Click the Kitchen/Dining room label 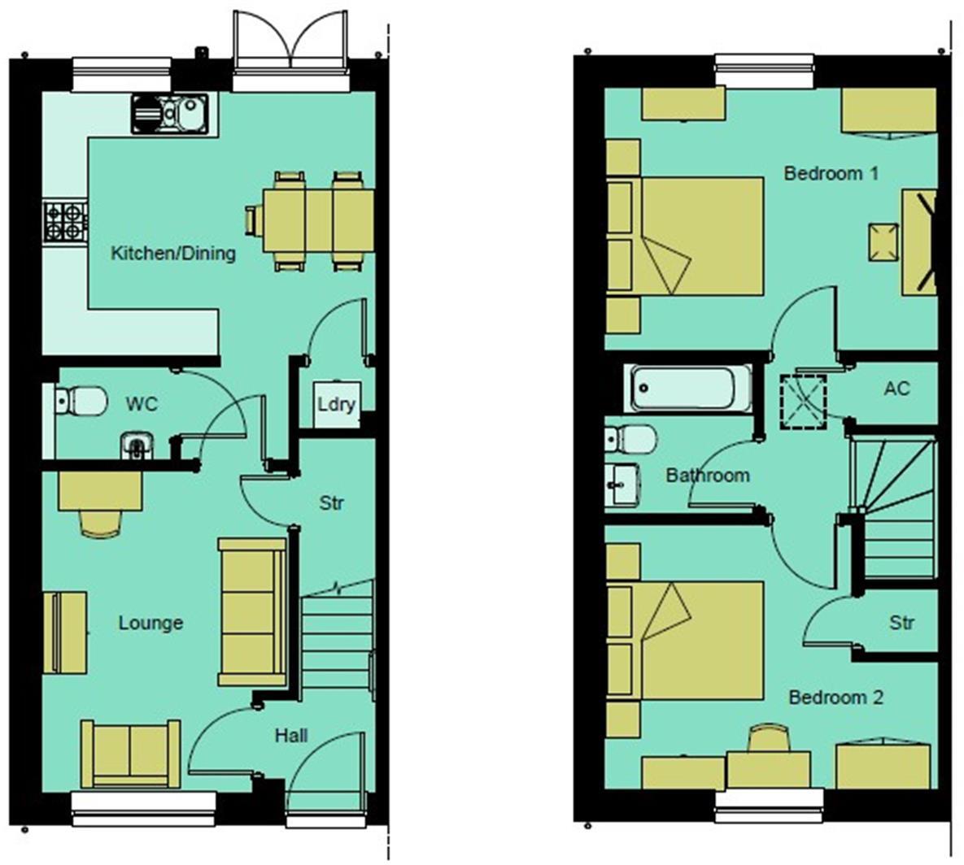coord(172,253)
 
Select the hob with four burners coord(65,221)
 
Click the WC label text coord(142,403)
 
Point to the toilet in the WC coord(82,400)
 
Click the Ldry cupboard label coord(336,403)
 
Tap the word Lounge coord(150,623)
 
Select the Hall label coord(290,736)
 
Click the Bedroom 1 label coord(831,173)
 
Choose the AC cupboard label coord(896,389)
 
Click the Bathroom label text coord(708,475)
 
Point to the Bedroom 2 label coord(835,698)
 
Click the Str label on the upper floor coord(901,624)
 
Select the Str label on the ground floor coord(331,503)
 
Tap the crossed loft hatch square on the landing coord(803,400)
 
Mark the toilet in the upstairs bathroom coord(630,440)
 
